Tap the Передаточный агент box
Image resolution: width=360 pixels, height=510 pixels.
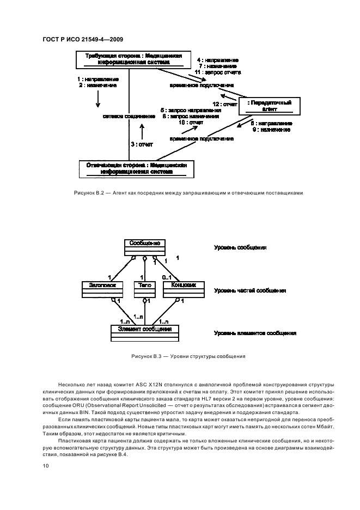pos(270,106)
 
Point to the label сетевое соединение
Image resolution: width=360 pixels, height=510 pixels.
pos(125,116)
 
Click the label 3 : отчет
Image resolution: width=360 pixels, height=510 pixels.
pos(141,144)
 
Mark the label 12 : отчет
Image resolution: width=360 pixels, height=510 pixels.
pos(225,104)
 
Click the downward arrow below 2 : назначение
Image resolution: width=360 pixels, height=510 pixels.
pos(98,99)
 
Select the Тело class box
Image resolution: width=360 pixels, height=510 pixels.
pos(145,289)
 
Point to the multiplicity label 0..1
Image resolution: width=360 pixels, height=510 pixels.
pos(167,278)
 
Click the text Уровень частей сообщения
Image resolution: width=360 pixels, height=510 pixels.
pos(250,290)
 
